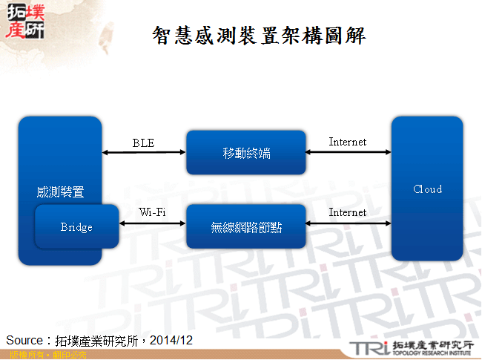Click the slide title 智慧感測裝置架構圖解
(259, 36)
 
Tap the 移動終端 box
(246, 153)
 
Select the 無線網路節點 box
(246, 227)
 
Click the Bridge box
(76, 227)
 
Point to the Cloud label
(427, 189)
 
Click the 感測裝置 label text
(60, 192)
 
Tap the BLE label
(143, 143)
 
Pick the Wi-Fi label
(152, 213)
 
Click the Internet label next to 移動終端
(348, 142)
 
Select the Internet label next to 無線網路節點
(348, 212)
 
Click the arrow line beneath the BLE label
(143, 152)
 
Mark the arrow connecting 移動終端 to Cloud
(349, 152)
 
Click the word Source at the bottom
(24, 340)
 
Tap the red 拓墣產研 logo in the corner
(24, 20)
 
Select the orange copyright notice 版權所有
(23, 355)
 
